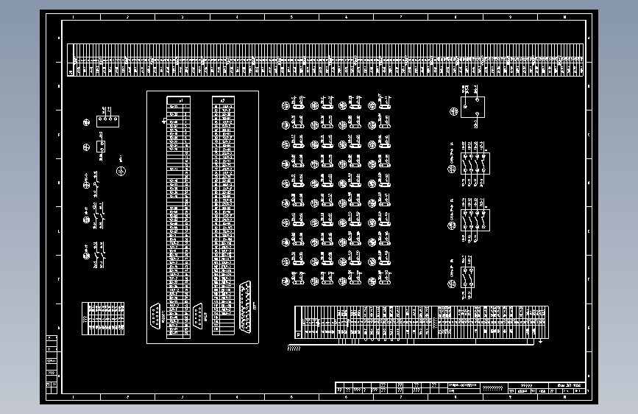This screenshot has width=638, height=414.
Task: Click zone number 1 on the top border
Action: [73, 16]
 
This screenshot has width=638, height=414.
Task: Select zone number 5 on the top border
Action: [291, 16]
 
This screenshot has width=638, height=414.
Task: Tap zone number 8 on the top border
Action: [455, 16]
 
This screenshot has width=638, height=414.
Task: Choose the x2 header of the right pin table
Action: [223, 99]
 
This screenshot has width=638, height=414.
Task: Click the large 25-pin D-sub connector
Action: [245, 304]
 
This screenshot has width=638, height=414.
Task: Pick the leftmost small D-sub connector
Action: [155, 315]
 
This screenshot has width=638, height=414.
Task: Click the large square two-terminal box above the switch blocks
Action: [472, 107]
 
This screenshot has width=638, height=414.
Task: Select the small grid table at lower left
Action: [102, 318]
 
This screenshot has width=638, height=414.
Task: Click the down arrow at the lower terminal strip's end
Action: [541, 341]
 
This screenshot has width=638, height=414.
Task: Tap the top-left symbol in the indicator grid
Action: [286, 105]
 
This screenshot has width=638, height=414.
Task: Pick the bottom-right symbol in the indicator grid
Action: [383, 279]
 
